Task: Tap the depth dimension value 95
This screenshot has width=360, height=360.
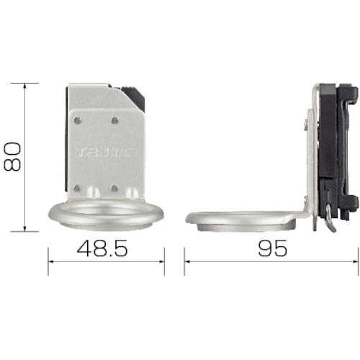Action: [x=271, y=249]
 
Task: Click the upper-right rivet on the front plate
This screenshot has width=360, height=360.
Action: [x=114, y=119]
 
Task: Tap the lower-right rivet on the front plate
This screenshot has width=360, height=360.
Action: [x=114, y=188]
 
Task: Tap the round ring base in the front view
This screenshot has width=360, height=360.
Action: [x=105, y=215]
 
